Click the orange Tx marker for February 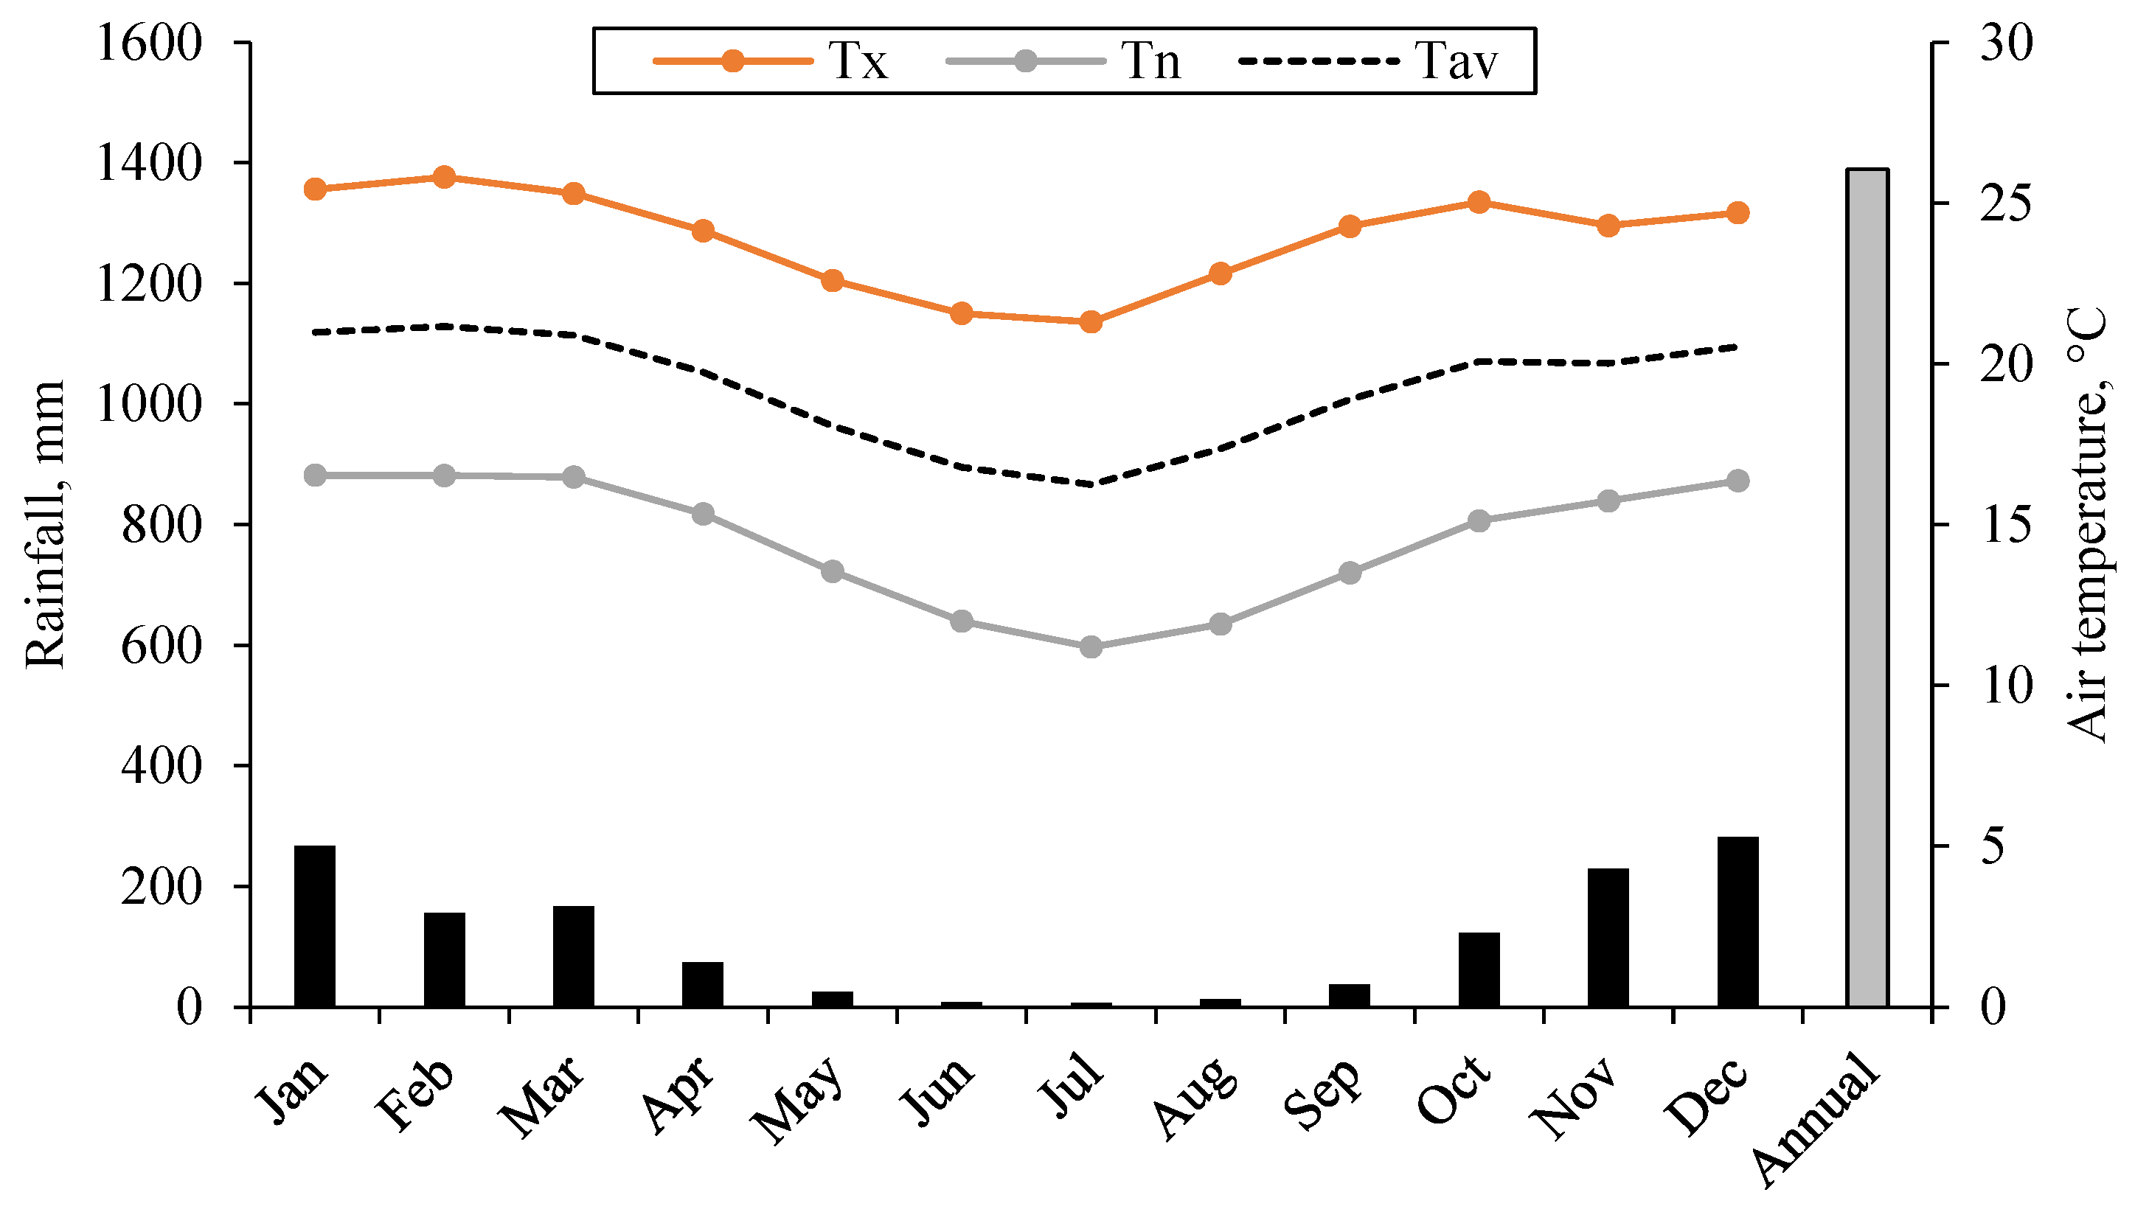pyautogui.click(x=443, y=177)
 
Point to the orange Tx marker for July pyautogui.click(x=1090, y=321)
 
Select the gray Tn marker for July pyautogui.click(x=1090, y=646)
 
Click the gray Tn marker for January pyautogui.click(x=315, y=475)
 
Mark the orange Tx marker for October pyautogui.click(x=1478, y=202)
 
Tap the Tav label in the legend pyautogui.click(x=1457, y=60)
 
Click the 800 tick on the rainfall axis pyautogui.click(x=162, y=525)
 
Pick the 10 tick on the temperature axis pyautogui.click(x=2006, y=686)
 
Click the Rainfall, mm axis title pyautogui.click(x=45, y=525)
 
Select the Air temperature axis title pyautogui.click(x=2087, y=525)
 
